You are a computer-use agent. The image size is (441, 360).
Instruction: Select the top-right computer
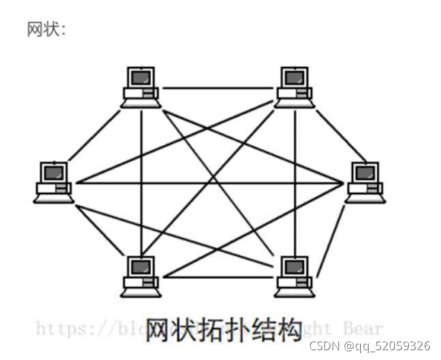click(x=293, y=87)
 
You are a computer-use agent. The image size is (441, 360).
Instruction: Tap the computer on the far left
click(x=53, y=182)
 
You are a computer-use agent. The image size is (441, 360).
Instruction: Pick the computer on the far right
click(x=364, y=182)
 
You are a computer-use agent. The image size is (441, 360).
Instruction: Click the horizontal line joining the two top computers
click(x=217, y=88)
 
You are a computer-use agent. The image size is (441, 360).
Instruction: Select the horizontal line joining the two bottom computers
click(x=217, y=276)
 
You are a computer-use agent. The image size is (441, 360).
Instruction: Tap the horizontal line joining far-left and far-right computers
click(x=209, y=183)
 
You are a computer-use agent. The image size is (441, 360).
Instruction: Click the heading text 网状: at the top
click(x=46, y=30)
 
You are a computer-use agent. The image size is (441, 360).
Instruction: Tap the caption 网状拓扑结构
click(x=223, y=328)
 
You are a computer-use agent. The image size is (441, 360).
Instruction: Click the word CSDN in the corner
click(x=322, y=346)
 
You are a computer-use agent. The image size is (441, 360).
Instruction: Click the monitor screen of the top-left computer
click(x=142, y=77)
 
